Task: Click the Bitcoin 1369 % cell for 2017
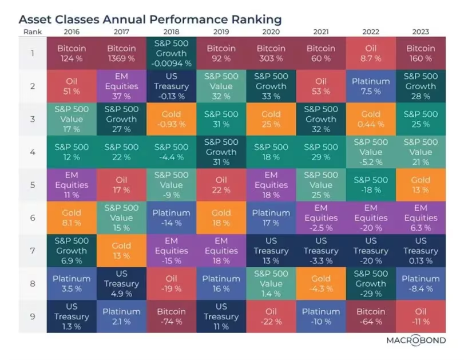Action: click(x=121, y=53)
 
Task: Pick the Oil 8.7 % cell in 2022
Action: click(x=371, y=53)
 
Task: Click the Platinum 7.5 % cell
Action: click(x=371, y=86)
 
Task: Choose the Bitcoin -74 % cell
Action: click(x=171, y=317)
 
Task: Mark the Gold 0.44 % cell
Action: click(x=371, y=119)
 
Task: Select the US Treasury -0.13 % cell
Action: click(x=171, y=86)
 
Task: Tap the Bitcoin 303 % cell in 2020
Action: click(x=271, y=53)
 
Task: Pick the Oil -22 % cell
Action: click(x=271, y=317)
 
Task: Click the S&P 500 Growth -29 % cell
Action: click(x=371, y=284)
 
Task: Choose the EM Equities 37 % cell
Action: click(x=121, y=86)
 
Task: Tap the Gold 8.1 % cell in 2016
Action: click(x=72, y=217)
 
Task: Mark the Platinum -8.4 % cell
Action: click(x=421, y=284)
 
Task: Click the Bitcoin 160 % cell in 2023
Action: click(x=421, y=53)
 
